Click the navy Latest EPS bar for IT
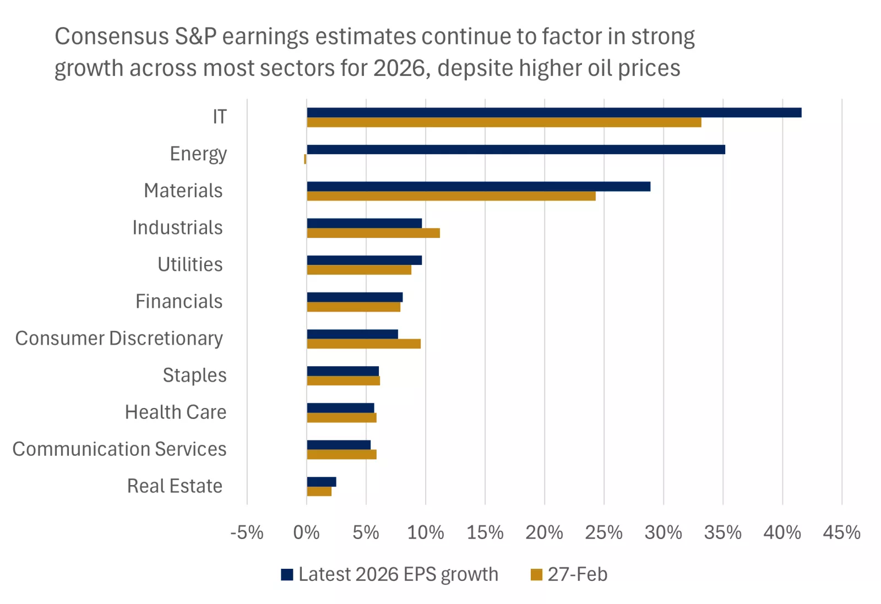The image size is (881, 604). point(553,112)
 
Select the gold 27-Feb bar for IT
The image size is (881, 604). point(504,122)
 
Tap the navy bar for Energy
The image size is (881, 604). point(515,149)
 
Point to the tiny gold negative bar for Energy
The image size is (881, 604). point(305,159)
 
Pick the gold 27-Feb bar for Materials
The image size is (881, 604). point(451,196)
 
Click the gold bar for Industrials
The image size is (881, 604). point(373,233)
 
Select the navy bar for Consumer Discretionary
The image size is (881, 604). point(352,334)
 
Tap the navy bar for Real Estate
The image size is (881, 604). point(321,482)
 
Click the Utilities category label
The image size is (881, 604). point(190,264)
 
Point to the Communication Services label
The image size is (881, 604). point(119,449)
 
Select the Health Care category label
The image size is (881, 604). point(176,412)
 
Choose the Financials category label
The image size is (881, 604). point(179,301)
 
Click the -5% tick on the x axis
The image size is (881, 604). point(247,532)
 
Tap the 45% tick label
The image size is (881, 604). point(841,532)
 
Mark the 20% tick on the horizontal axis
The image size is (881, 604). point(544,532)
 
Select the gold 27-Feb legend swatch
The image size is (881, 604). point(536,575)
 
